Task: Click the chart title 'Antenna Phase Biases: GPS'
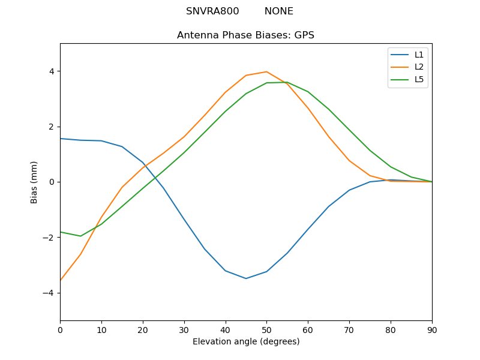245,35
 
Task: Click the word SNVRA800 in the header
212,11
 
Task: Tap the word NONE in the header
278,11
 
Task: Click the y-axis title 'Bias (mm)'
34,182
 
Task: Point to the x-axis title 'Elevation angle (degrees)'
246,342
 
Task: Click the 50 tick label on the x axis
266,329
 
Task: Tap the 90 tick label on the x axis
432,329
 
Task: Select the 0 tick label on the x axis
60,329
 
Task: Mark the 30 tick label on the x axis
184,329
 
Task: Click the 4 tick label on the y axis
51,71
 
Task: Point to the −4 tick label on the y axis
49,293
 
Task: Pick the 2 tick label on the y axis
51,127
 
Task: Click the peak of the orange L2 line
266,71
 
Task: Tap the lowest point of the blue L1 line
246,278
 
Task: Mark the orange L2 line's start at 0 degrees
61,280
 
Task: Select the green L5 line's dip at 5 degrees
80,236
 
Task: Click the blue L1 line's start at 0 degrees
61,139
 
